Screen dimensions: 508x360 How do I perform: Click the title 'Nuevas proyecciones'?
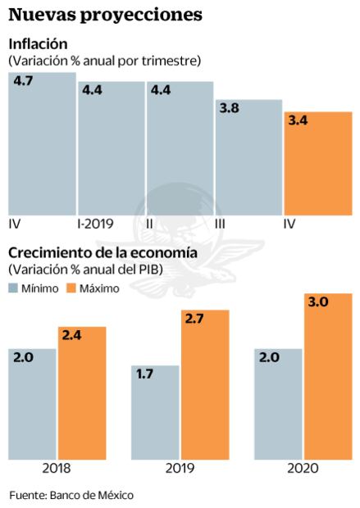pos(106,15)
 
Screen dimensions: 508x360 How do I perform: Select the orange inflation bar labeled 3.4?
pos(317,164)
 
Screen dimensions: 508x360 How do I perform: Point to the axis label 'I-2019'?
pos(94,223)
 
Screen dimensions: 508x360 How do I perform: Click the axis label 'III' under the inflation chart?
pos(221,223)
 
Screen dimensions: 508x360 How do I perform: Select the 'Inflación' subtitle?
pos(38,43)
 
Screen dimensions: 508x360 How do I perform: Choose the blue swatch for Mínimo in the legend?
pos(14,288)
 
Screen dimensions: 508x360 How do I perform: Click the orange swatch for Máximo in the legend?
pos(71,288)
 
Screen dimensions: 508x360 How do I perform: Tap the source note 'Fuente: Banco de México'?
pos(71,495)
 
